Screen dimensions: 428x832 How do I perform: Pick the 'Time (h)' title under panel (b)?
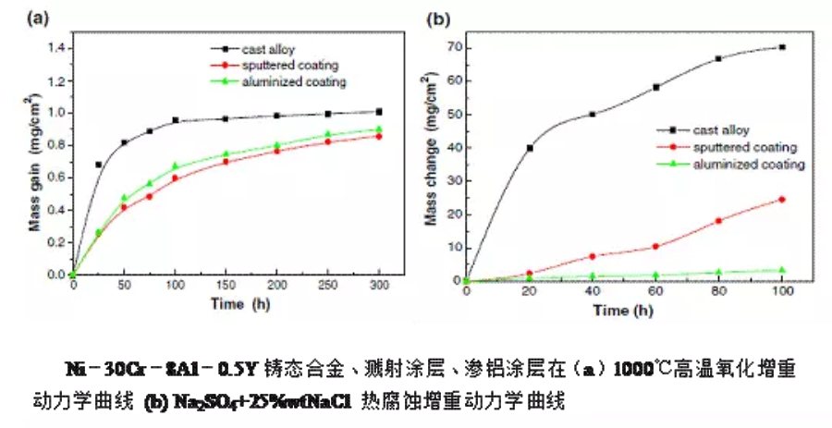[x=626, y=309]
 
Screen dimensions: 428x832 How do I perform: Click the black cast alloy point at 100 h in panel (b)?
[x=782, y=47]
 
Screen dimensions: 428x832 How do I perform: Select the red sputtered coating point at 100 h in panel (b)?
[x=782, y=199]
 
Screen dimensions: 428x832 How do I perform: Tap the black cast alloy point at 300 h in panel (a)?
[x=379, y=112]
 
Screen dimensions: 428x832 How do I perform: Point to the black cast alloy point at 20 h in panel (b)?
[x=530, y=148]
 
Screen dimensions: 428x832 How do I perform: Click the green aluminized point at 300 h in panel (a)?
[x=379, y=129]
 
